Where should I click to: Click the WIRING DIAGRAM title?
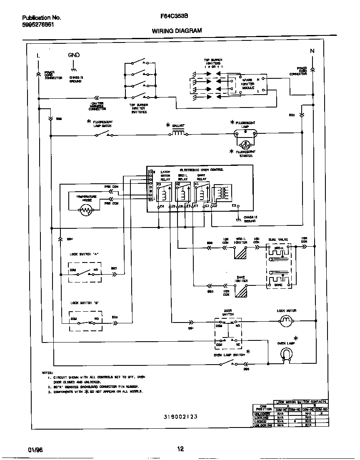177,31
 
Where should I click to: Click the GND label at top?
74,55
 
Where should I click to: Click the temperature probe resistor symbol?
86,211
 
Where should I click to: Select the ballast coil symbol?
178,134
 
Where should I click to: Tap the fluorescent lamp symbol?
246,133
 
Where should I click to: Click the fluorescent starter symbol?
246,145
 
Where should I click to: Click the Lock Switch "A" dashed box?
85,272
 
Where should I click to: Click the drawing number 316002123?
180,417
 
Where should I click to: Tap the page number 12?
180,449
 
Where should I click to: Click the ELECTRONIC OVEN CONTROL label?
201,170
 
